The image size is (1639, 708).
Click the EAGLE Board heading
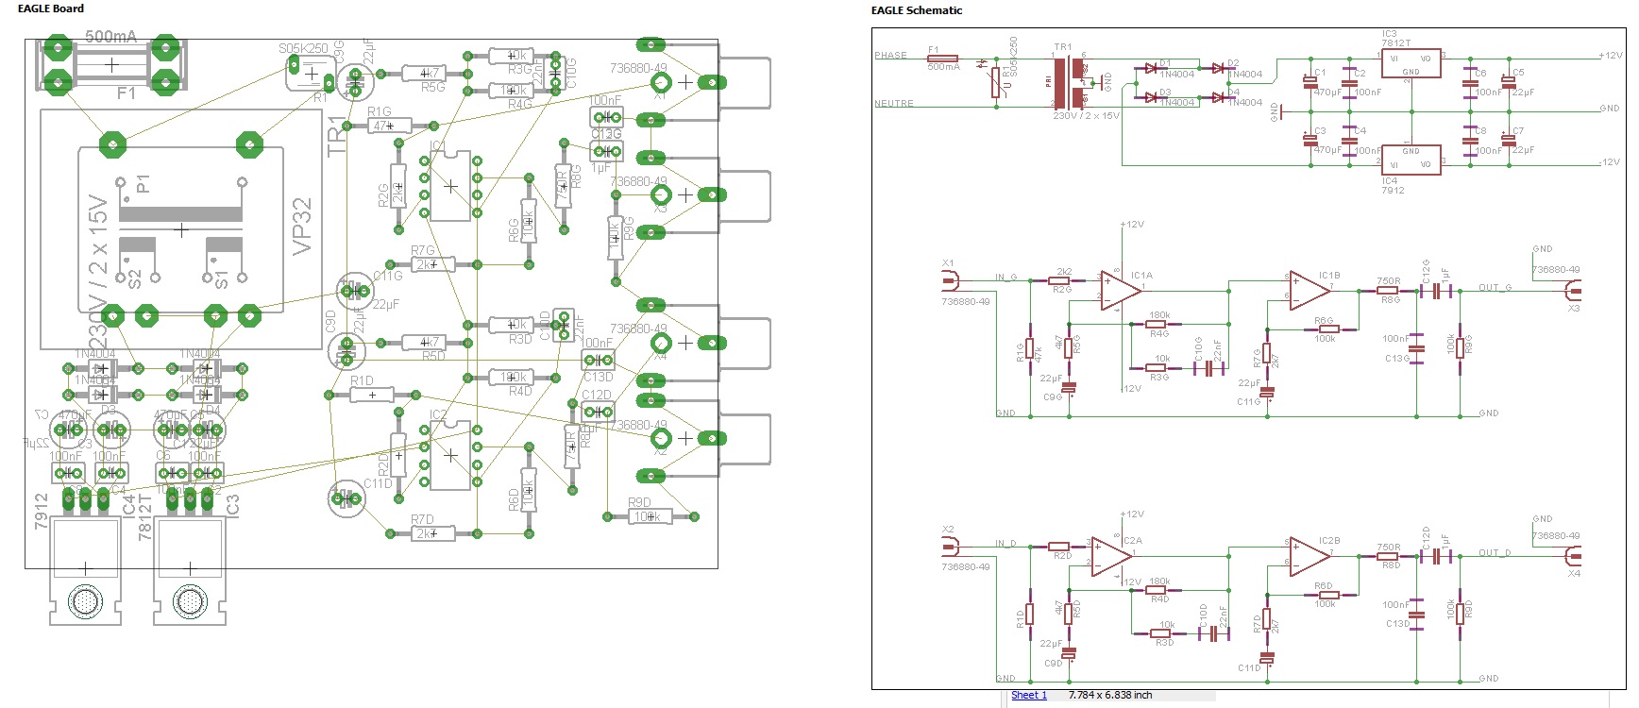51,8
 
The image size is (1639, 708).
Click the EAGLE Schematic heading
916,10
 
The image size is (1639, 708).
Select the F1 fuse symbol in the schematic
943,58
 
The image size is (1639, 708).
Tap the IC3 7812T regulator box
1410,65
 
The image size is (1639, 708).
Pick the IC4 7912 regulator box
1410,159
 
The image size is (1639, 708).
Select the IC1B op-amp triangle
1310,290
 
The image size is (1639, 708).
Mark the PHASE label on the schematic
890,56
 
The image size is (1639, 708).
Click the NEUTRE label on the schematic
893,104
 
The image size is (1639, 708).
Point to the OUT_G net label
1495,288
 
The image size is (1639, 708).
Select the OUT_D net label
1495,553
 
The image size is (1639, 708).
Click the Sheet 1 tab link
1028,696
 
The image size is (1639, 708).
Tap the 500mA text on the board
111,37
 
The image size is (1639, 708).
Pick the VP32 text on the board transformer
302,226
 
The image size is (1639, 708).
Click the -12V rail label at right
1609,162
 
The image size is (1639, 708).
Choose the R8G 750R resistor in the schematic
1387,291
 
